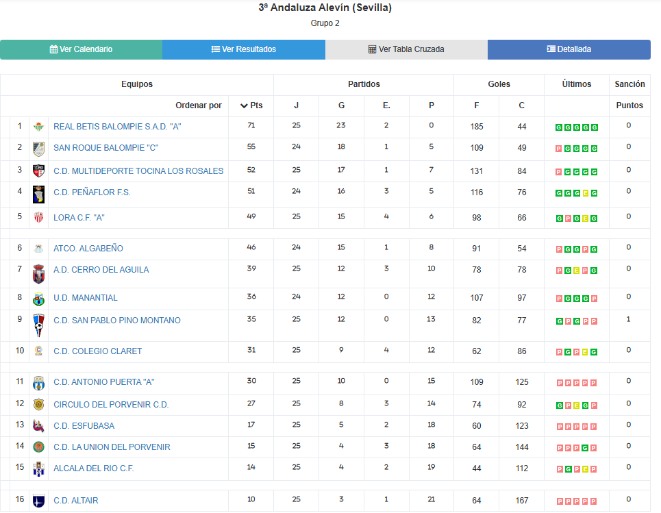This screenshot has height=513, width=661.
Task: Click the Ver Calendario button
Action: (x=81, y=49)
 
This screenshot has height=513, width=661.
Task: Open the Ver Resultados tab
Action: (x=244, y=49)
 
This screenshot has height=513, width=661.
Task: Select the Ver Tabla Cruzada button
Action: (x=406, y=49)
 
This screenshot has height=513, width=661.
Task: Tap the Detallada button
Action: (x=569, y=49)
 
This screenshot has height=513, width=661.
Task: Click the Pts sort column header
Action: (x=251, y=105)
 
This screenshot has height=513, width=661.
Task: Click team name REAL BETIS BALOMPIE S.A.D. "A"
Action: (x=117, y=127)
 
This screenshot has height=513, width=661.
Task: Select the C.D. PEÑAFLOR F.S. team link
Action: (x=92, y=192)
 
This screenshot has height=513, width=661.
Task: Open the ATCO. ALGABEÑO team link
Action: (x=88, y=249)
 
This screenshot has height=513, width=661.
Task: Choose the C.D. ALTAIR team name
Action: (x=76, y=501)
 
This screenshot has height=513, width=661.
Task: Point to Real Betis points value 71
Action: (x=251, y=126)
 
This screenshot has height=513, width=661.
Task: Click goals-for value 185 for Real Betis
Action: (x=477, y=127)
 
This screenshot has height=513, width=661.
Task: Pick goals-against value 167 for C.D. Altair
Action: (x=522, y=501)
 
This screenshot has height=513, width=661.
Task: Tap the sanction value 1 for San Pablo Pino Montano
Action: (x=629, y=319)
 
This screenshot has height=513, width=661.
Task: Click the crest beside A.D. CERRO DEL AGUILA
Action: (x=38, y=274)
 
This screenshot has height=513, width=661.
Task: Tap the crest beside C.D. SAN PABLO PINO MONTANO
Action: (x=38, y=325)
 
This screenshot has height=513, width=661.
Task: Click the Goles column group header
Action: (x=499, y=84)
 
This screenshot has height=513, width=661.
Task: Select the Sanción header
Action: (x=629, y=84)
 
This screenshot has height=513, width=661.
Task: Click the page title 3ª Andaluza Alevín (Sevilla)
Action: (x=325, y=8)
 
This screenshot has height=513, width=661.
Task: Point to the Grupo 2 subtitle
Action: (x=325, y=23)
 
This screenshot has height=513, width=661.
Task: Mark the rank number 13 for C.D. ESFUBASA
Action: (x=20, y=425)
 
